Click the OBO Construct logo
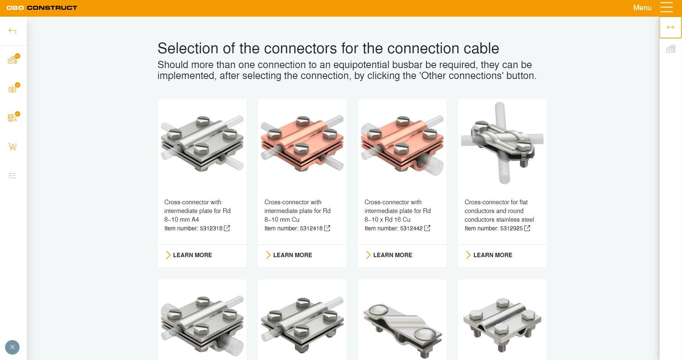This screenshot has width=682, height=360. (42, 8)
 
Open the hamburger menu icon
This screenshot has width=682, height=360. (666, 8)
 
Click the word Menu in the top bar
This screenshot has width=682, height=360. (642, 8)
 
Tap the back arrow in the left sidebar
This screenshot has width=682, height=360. (12, 31)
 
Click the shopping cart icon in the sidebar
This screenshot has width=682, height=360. (12, 147)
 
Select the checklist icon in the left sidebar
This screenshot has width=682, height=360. (12, 176)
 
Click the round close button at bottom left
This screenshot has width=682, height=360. (12, 347)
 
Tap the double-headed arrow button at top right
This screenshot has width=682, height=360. (670, 27)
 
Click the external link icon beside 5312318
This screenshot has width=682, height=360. (227, 228)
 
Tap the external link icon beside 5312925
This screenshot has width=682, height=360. (527, 228)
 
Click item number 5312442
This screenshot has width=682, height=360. (411, 229)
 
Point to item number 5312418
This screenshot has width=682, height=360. (311, 229)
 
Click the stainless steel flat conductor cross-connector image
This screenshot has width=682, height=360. (502, 143)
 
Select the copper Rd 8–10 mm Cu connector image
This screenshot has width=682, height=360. (302, 143)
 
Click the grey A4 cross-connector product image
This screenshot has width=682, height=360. (202, 143)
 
